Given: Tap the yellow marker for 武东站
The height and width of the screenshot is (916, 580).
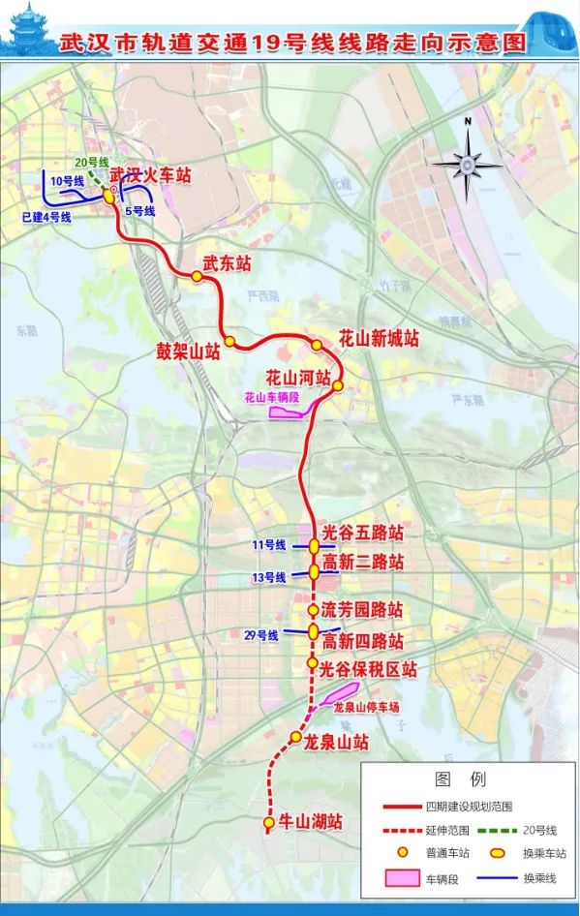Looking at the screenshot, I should [x=197, y=276].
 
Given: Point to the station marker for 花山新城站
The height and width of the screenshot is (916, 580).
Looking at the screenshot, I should [x=317, y=345].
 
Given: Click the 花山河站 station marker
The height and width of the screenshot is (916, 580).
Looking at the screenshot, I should [x=338, y=385].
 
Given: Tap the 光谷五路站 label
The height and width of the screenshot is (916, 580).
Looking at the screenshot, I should [x=362, y=534].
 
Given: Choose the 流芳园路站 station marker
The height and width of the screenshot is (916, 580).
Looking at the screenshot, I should [x=313, y=611].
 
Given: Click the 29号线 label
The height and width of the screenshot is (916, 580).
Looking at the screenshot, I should [x=261, y=635].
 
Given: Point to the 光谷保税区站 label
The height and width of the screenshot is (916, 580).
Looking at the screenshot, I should [x=369, y=668].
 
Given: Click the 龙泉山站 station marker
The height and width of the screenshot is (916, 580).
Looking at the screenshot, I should [x=295, y=739].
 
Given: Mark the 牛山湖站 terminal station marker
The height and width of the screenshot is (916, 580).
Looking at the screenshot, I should [x=268, y=823].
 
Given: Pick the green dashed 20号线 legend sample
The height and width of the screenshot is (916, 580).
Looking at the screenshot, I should [x=503, y=831].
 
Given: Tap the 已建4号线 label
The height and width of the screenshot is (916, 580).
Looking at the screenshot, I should [x=46, y=217].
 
